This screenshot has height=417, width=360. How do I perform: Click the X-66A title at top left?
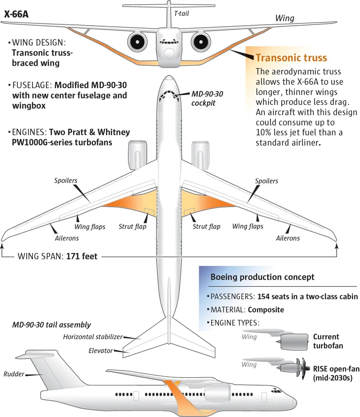coord(16,14)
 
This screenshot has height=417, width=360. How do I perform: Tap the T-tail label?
coord(182,14)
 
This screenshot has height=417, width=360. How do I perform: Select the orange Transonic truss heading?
coord(291,58)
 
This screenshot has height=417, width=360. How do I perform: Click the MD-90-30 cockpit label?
coord(207,98)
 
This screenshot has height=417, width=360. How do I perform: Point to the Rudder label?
coord(14,374)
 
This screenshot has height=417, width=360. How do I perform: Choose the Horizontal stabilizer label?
coord(93,337)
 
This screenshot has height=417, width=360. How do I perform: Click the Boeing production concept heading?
coord(262,277)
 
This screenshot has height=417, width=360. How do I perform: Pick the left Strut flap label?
coord(132,227)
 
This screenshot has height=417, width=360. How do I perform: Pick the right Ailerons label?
coord(288,238)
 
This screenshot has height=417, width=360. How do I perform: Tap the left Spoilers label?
coord(66,180)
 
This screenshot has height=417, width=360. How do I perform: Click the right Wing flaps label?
coord(247,227)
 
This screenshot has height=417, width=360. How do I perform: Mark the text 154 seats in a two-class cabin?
coord(307,297)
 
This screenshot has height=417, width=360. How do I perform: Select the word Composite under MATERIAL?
coord(266,310)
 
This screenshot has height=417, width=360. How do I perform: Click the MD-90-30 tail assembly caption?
coord(52,325)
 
